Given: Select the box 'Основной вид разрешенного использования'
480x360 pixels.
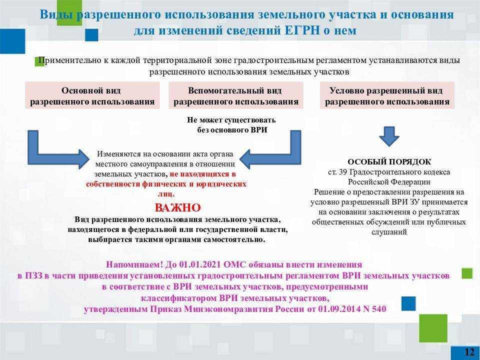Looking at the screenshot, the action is (92, 95).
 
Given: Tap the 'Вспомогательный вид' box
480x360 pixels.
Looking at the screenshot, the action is (235, 95).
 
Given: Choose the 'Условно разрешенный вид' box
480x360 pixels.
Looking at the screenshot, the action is (387, 95).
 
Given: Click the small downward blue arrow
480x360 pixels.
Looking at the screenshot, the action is (389, 136).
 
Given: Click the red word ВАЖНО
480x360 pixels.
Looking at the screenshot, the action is (177, 207).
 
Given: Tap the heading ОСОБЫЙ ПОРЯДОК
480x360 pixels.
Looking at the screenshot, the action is (389, 161).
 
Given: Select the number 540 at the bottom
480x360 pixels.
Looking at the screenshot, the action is (379, 309).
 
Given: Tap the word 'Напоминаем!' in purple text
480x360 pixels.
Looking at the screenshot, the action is (134, 264).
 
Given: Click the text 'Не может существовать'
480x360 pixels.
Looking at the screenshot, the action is (231, 119).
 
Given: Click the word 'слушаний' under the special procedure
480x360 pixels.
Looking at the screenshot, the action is (389, 232).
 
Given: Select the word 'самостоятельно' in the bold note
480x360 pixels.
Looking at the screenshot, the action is (234, 239).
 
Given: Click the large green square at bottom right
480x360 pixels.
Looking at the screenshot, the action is (433, 328).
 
